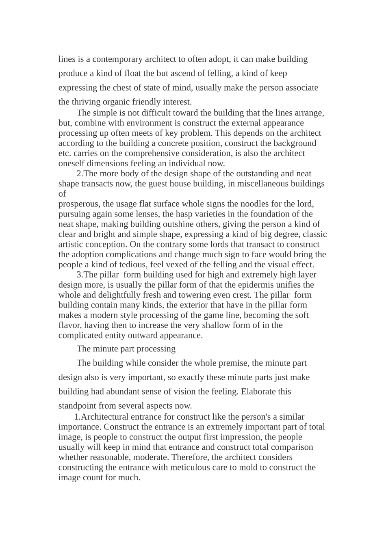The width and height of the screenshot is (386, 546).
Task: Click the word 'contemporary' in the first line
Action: click(x=115, y=59)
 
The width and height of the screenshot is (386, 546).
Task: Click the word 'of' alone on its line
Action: click(x=62, y=194)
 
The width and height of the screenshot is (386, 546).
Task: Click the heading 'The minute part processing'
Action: click(x=126, y=349)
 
